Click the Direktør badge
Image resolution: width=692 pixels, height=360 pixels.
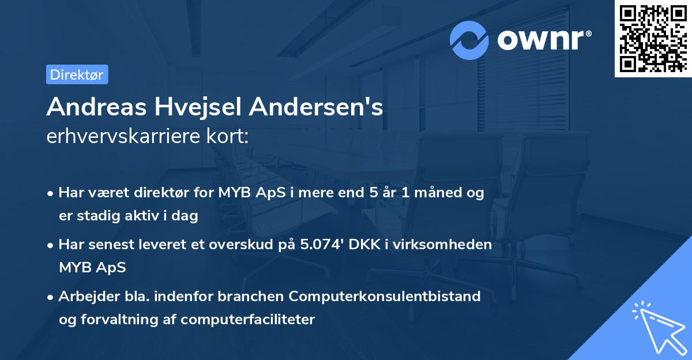[77, 74]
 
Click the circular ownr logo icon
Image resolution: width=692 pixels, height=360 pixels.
[469, 40]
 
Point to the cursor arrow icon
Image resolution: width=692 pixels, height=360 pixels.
[657, 327]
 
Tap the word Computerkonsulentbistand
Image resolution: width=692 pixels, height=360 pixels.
[385, 297]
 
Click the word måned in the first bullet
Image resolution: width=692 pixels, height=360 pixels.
[439, 193]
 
